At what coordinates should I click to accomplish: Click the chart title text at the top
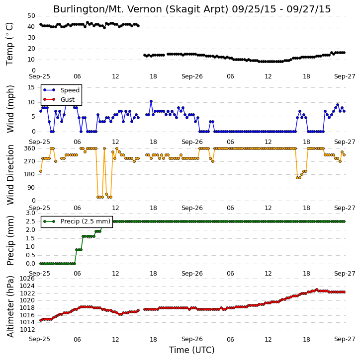[x=192, y=9]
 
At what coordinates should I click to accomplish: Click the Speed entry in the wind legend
[x=61, y=90]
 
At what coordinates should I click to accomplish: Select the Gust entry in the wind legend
[x=59, y=100]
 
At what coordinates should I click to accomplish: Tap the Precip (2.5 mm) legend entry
[x=77, y=221]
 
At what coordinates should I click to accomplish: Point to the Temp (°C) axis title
[x=10, y=44]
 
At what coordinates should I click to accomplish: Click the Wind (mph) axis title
[x=10, y=109]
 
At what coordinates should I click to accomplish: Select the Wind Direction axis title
[x=10, y=175]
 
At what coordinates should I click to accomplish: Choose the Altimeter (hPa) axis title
[x=10, y=306]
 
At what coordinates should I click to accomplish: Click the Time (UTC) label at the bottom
[x=192, y=350]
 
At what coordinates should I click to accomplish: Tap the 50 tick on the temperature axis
[x=31, y=16]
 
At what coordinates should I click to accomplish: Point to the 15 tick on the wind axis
[x=31, y=87]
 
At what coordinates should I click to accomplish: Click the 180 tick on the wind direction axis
[x=30, y=174]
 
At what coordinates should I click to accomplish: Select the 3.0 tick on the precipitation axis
[x=30, y=213]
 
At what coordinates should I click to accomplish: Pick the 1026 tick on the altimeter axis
[x=27, y=279]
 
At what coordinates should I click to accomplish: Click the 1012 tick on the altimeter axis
[x=27, y=330]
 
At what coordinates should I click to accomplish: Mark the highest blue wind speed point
[x=151, y=101]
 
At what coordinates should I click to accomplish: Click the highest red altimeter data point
[x=317, y=290]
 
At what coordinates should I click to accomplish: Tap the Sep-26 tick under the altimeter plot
[x=192, y=339]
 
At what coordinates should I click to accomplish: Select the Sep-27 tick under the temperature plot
[x=345, y=76]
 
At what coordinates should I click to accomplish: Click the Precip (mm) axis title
[x=10, y=241]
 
